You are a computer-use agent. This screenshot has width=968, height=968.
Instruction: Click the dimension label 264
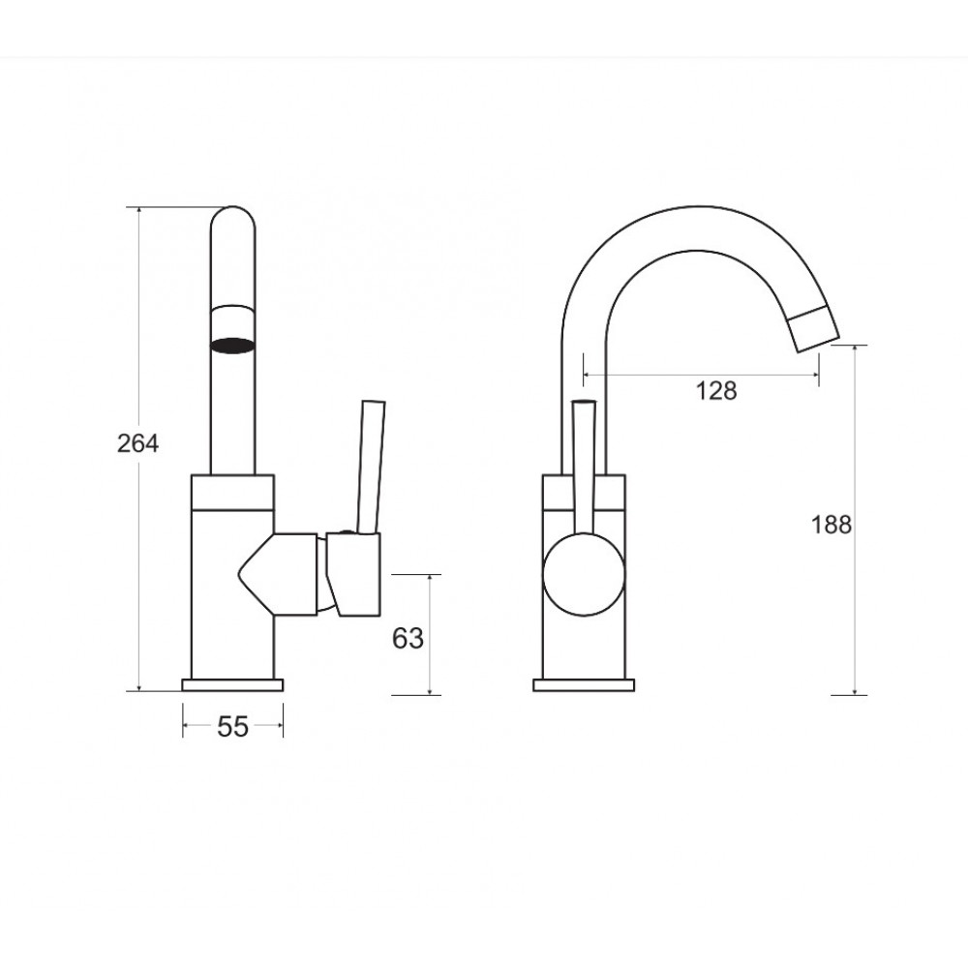137,443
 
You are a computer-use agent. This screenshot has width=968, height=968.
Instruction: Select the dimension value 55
232,727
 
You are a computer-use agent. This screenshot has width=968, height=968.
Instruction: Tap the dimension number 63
408,638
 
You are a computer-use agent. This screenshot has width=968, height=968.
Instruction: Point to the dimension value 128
716,391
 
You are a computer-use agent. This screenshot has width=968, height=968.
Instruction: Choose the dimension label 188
831,525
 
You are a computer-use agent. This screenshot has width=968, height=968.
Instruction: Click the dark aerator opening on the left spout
232,346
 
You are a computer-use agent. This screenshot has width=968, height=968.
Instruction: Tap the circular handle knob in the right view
584,575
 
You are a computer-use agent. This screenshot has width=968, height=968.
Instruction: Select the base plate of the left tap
232,684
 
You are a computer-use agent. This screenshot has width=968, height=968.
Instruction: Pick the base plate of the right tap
584,684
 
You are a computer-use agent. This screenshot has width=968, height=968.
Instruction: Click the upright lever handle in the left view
372,467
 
